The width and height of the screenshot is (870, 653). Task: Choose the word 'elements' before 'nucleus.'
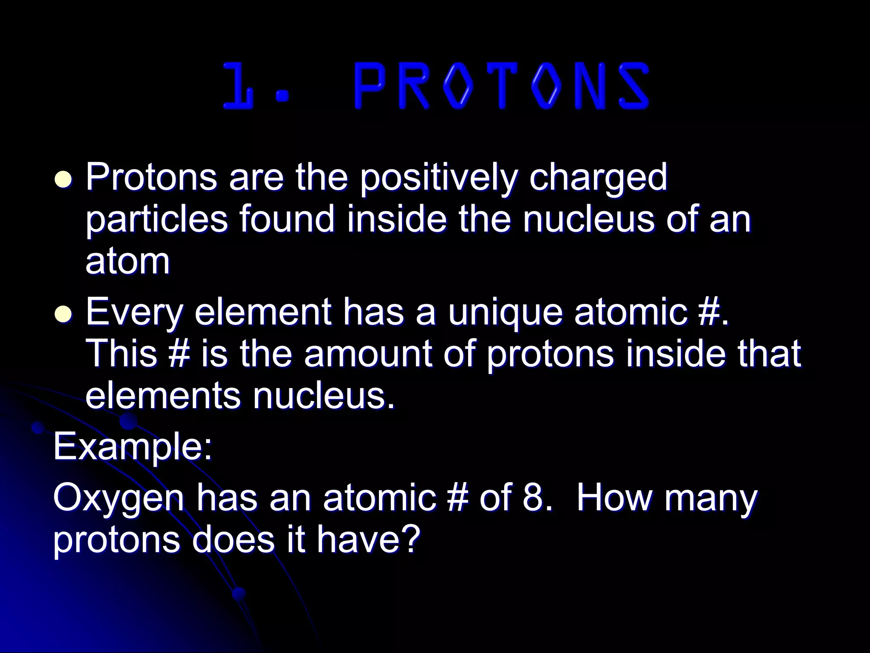[x=163, y=395]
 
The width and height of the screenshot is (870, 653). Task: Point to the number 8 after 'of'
[x=534, y=498]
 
